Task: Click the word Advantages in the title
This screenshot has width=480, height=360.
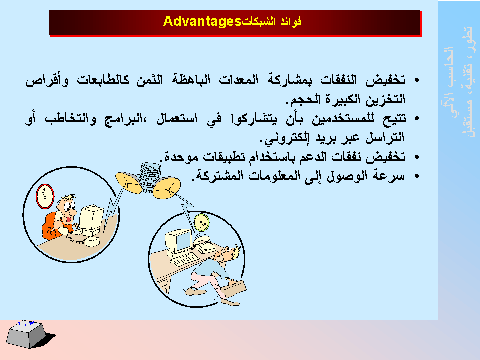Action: tap(202, 21)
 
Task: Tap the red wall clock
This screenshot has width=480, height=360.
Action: tap(45, 196)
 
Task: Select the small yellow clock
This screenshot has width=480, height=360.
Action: tap(201, 222)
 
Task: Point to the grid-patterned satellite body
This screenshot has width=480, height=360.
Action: tap(150, 178)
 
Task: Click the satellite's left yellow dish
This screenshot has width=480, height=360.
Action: tap(128, 183)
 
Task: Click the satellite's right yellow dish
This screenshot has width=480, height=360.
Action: tap(167, 188)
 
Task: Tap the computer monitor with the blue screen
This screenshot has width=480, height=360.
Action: tap(178, 241)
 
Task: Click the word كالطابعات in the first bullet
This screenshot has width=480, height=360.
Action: tap(103, 80)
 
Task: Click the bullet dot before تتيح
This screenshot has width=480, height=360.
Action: tap(416, 119)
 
